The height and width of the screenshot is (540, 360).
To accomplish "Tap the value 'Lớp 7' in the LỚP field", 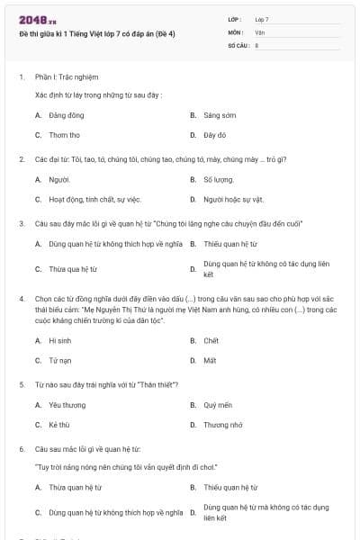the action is (x=262, y=19).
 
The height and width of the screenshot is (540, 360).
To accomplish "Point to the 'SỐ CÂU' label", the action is (x=238, y=44).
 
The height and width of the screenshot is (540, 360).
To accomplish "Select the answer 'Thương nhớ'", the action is (x=222, y=425).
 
